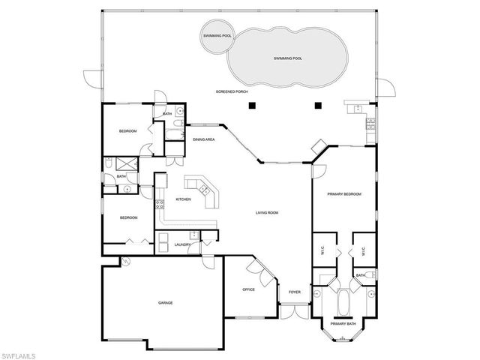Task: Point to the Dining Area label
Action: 205,139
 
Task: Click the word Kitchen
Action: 183,199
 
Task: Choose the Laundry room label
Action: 182,244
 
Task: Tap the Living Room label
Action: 267,213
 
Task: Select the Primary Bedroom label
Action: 344,194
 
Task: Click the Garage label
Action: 165,303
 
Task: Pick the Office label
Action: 249,289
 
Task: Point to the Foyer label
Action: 294,292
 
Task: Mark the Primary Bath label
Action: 343,324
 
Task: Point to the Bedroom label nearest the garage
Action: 129,217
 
